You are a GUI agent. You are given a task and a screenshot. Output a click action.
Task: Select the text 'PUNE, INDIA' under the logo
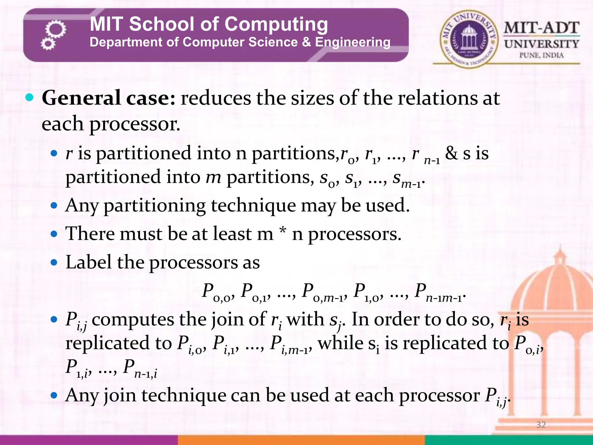coord(541,55)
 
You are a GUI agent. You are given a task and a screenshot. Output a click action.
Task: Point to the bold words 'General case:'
coord(109,98)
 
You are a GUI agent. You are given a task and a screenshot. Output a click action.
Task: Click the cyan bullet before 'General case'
coord(29,97)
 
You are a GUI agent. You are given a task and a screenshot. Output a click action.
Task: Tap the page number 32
coord(541,425)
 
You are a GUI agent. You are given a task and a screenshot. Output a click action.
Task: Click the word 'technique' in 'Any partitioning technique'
coord(253,206)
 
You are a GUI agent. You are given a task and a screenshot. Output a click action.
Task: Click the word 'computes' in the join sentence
coord(133,320)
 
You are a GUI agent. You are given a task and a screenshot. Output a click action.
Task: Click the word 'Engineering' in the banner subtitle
coord(353,42)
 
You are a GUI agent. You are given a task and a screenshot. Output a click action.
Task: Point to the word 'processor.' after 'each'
coord(134,124)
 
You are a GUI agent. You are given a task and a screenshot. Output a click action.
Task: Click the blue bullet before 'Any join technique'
coord(54,395)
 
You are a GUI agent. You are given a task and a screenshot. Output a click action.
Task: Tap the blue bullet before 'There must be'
coord(54,234)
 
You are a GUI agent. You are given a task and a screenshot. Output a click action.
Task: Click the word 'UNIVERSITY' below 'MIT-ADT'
coord(541,44)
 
